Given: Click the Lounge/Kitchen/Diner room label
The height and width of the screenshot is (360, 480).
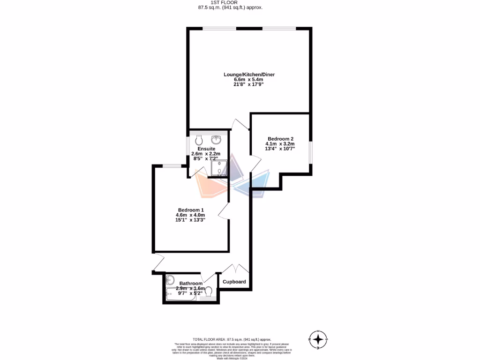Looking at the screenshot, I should [249, 75].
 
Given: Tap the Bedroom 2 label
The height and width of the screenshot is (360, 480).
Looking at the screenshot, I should [280, 139].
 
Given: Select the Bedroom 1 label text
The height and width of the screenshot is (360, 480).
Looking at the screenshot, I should [191, 210].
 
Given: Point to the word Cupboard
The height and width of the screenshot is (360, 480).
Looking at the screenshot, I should [234, 282].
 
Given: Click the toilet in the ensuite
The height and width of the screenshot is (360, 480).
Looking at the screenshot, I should [199, 140].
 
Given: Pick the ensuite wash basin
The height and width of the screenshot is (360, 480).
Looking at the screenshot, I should [217, 139].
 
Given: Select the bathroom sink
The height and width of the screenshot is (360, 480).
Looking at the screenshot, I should [170, 280].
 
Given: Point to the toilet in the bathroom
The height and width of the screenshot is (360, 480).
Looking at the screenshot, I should [209, 292].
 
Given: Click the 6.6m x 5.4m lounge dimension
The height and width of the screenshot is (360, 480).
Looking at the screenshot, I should [249, 80].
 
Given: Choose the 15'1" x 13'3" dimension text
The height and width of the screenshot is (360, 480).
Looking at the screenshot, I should [190, 219].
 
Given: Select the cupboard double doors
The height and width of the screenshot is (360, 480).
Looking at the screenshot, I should [235, 269].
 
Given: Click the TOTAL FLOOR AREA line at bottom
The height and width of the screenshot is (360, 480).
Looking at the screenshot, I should [232, 339].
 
